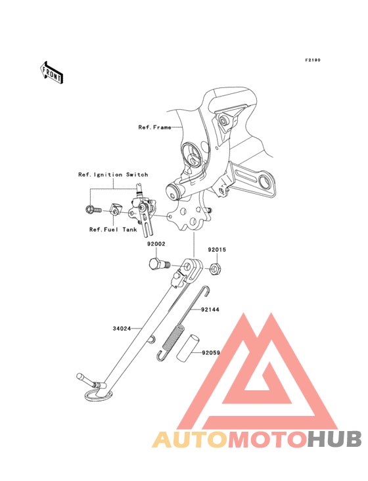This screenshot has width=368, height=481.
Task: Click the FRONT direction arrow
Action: point(51,72)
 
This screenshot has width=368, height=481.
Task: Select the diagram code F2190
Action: point(313,60)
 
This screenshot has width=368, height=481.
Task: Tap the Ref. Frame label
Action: point(154,127)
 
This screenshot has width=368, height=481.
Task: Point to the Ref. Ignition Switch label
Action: point(113,175)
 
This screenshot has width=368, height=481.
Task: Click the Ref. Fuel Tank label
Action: point(113,229)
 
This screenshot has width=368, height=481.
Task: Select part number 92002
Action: point(156,244)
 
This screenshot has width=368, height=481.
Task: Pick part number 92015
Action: point(217,250)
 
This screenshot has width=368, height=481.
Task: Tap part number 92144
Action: point(210,309)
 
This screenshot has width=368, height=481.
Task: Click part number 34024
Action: point(122,329)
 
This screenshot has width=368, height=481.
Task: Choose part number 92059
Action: point(211,353)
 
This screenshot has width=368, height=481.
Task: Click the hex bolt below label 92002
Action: point(159,264)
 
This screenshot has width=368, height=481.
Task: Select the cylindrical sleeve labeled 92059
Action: point(189,348)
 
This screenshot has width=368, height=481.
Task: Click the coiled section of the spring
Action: point(173,337)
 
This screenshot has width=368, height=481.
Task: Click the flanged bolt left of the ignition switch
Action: point(93,210)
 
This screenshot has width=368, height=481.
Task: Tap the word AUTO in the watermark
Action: point(190,440)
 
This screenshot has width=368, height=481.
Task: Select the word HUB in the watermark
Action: point(334,440)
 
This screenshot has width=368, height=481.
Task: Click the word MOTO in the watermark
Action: point(267,440)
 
